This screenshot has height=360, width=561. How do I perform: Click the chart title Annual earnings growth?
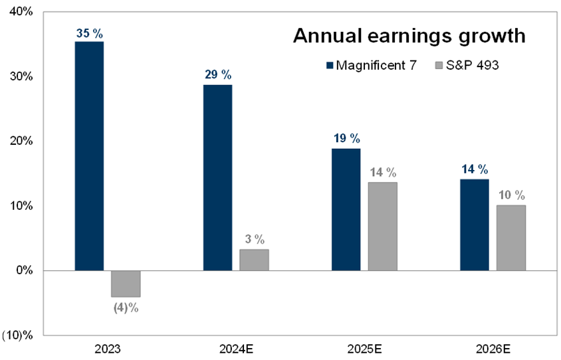coord(409,36)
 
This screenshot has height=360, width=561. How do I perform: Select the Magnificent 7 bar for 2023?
coord(89,156)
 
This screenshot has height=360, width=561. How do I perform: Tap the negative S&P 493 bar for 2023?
coord(126,284)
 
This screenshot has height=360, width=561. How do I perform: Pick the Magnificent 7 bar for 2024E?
coord(218,177)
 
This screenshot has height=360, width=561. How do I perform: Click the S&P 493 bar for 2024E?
coord(254,260)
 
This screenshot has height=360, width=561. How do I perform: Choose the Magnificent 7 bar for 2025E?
coord(346,209)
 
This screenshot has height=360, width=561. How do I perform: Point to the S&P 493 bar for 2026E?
coord(510,238)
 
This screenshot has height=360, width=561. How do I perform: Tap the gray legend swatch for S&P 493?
coord(438,65)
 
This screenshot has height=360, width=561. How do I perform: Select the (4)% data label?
coord(126,308)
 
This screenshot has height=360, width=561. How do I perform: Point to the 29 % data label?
coord(218,74)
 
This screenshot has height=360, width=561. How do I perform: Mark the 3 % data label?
coord(254,238)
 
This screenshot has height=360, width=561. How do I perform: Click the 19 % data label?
coord(346,138)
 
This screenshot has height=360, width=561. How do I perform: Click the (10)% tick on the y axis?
coord(18,335)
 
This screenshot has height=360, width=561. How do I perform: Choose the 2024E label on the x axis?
coord(236,349)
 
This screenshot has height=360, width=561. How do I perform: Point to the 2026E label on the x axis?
coord(493,349)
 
